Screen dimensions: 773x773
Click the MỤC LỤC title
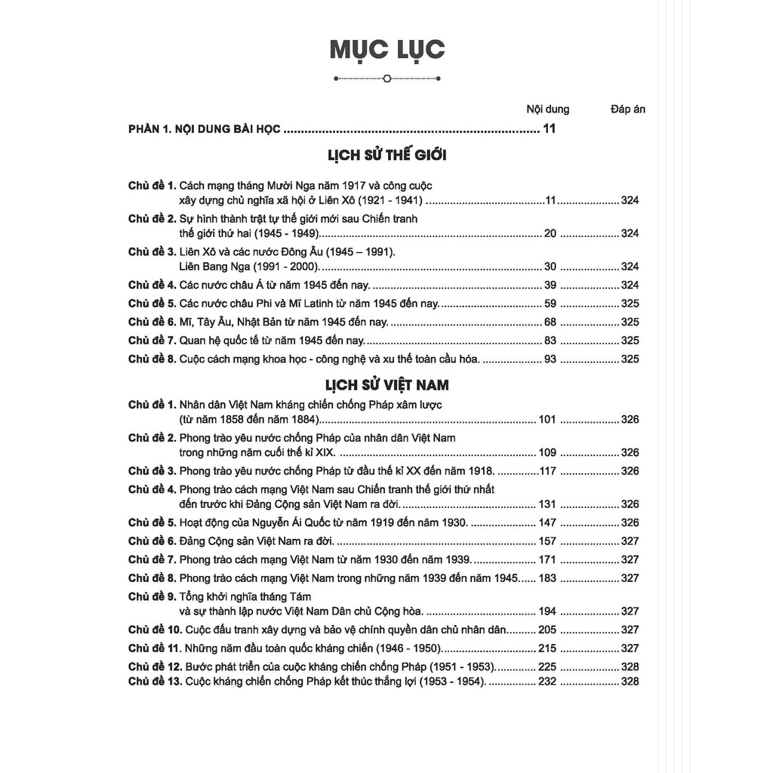[x=386, y=50]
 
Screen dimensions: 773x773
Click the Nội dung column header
[x=547, y=109]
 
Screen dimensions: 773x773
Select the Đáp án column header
[x=628, y=109]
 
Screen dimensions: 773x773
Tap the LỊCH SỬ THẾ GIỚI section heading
[x=387, y=156]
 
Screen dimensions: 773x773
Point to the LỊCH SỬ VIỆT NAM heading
[x=387, y=385]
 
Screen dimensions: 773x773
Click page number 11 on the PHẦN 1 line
[x=549, y=129]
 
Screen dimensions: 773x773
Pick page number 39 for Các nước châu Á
[x=550, y=285]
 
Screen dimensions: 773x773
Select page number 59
[x=550, y=303]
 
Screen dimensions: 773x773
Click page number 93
[x=550, y=359]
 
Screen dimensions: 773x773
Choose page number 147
[x=547, y=522]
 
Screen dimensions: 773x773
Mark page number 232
[x=547, y=682]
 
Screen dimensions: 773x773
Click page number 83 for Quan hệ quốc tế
[x=550, y=340]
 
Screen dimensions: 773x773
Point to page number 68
[x=550, y=322]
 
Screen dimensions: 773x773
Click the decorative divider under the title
[x=386, y=77]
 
